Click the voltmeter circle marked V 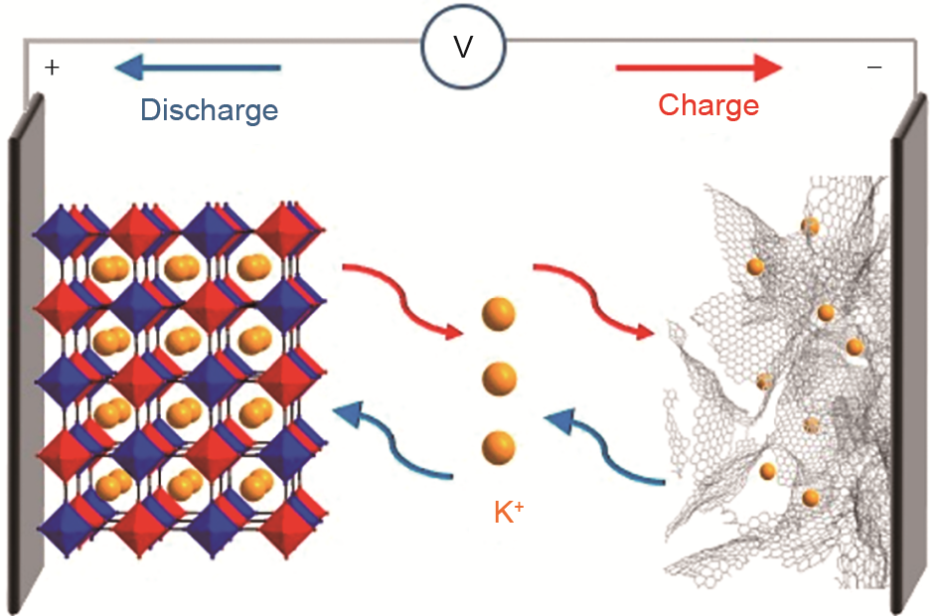tap(463, 46)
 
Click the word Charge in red tap(708, 104)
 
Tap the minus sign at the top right tap(874, 68)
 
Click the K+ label tap(509, 513)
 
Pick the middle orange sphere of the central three tap(499, 379)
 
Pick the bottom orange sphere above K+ tap(499, 446)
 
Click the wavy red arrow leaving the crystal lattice tap(392, 294)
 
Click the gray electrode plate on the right tap(910, 358)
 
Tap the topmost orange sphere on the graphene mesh tap(810, 227)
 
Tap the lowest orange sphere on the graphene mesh tap(811, 497)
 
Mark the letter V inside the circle tap(463, 47)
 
